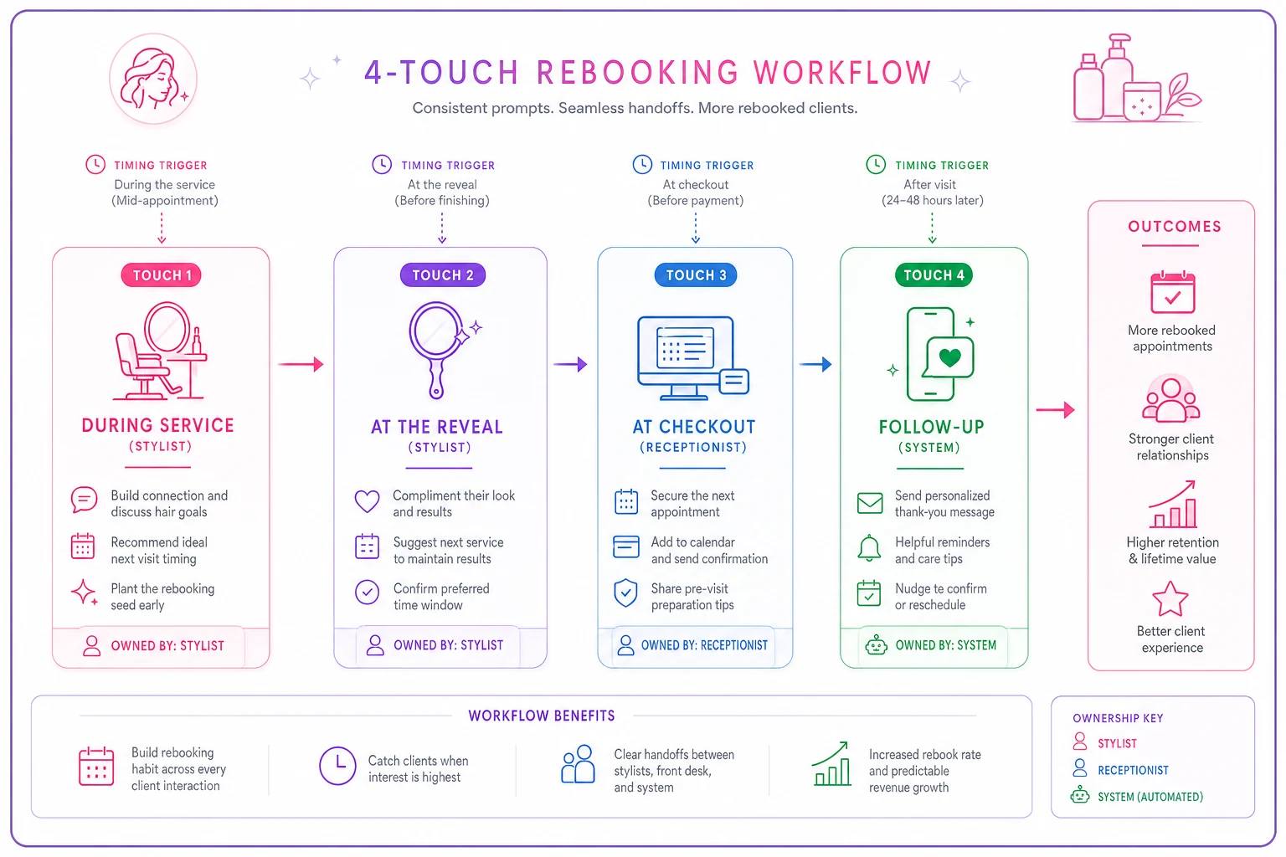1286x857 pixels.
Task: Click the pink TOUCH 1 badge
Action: pos(162,275)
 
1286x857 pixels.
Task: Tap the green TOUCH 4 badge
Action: pos(934,275)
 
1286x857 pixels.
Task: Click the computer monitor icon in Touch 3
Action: pos(686,357)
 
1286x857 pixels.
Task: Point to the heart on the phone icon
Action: pos(949,357)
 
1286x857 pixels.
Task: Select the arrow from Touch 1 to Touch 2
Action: pos(301,364)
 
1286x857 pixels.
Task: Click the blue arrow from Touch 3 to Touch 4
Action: pos(815,364)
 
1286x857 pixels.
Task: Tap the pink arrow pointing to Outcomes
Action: pos(1055,410)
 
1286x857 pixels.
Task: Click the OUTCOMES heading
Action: pos(1174,226)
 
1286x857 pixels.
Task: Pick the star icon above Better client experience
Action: pos(1170,598)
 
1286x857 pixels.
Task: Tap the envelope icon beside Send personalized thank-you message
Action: pos(870,503)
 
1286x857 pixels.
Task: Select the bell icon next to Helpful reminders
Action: pos(869,548)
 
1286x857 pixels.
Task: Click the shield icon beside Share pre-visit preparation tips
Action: pos(625,593)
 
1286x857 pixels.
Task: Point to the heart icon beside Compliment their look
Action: pos(367,501)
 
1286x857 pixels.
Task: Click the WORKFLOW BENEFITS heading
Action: pos(542,716)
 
